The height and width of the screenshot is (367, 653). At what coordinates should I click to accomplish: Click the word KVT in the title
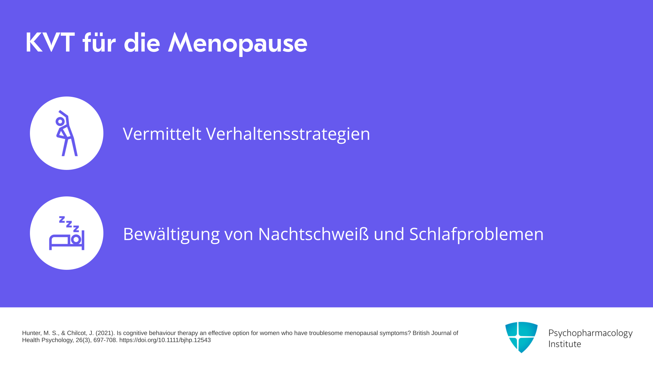coord(50,43)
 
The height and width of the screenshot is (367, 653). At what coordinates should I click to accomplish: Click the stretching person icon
coord(67,133)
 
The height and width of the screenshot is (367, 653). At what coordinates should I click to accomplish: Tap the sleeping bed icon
coord(67,233)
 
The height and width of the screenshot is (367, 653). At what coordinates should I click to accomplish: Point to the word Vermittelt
coord(162,134)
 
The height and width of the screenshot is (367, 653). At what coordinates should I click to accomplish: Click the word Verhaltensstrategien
coord(288,134)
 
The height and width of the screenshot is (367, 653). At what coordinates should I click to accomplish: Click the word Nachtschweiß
coord(313,234)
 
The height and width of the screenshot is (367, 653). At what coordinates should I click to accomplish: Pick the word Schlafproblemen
coord(476,234)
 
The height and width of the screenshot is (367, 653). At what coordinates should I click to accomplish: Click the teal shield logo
coord(521,337)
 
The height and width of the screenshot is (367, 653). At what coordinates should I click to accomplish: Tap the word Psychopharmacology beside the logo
coord(590,333)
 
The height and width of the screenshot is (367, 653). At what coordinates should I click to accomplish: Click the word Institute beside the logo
coord(565,344)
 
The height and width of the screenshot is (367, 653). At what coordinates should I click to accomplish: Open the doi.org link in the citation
coord(165,340)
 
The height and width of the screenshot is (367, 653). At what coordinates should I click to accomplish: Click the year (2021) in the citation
coord(105,333)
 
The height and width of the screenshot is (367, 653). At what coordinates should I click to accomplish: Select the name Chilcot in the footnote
coord(77,333)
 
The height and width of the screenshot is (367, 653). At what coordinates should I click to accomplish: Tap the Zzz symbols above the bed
coord(69,224)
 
